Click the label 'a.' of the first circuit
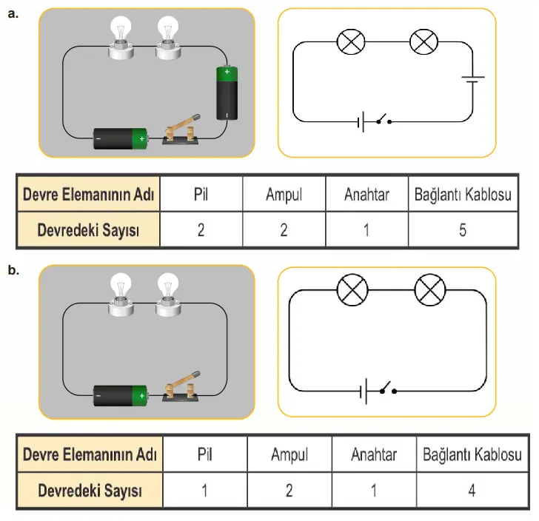[12, 13]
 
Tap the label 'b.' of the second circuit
[13, 271]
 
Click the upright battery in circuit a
[227, 93]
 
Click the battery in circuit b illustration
[121, 396]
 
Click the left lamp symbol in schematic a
[349, 41]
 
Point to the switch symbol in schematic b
[385, 389]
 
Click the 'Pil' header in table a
[201, 195]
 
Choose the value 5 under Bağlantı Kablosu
[462, 229]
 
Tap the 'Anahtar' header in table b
[374, 454]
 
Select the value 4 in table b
[472, 490]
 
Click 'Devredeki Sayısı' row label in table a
[89, 229]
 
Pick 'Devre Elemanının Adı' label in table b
[89, 454]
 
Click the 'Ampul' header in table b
[289, 454]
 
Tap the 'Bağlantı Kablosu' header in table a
[462, 195]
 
